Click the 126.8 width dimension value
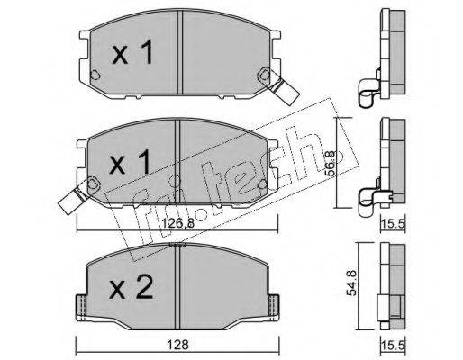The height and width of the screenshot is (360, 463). point(178,223)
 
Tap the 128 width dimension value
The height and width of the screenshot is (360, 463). point(177,345)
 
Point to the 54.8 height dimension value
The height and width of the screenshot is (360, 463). point(351,283)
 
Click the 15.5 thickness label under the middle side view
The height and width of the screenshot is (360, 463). point(394,223)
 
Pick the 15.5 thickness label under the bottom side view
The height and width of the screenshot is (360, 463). point(394,345)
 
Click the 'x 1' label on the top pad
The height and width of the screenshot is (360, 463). point(132,52)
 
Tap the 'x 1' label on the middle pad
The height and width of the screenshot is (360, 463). point(130,162)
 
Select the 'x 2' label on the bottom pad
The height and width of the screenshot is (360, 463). point(132,287)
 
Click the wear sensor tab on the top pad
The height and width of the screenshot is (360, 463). point(284,90)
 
